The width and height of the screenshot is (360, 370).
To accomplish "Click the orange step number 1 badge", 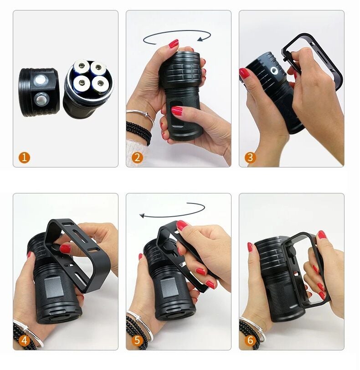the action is (24, 157).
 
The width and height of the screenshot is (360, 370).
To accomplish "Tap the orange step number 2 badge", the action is (137, 157).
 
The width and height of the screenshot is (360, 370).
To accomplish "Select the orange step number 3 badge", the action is (250, 157).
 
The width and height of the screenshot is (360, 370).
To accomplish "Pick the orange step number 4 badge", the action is (24, 340).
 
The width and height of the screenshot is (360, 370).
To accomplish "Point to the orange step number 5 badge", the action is (137, 340).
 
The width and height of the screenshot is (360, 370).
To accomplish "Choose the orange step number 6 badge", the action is (250, 340).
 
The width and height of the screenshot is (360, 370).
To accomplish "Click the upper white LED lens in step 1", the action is (41, 81).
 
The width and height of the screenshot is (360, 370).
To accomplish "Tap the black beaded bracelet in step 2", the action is (139, 132).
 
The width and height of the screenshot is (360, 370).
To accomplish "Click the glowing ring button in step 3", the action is (274, 70).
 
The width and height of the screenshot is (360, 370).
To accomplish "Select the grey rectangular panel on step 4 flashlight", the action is (54, 287).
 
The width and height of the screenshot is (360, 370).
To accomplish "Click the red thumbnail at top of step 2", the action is (174, 44).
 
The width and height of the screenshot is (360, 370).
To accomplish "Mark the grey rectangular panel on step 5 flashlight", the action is (169, 288).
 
